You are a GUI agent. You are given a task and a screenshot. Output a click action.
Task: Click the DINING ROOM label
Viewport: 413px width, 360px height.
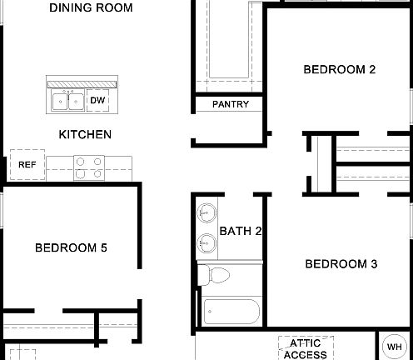91,8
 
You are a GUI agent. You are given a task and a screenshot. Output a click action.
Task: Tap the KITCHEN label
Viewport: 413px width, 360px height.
85,134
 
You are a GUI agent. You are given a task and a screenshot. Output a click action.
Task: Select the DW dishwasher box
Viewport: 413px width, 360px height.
97,101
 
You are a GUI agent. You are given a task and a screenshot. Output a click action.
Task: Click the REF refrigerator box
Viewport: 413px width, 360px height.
26,164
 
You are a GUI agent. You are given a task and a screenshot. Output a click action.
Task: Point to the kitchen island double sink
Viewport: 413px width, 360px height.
67,101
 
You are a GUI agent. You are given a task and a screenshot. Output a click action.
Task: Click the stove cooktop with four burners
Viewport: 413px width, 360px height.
88,168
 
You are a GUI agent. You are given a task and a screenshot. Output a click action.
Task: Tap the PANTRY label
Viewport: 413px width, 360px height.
231,104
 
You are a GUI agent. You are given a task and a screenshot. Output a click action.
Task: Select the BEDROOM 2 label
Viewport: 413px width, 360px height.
339,70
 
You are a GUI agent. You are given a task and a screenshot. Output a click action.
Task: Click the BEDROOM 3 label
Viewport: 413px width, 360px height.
341,265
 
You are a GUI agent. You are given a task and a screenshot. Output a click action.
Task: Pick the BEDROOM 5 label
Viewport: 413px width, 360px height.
71,247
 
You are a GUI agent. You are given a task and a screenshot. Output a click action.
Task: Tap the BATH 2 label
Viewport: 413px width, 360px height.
241,231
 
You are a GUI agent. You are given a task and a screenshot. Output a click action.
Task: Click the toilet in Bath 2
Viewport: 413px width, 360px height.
218,275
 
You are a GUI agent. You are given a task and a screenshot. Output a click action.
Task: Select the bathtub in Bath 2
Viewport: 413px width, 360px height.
231,312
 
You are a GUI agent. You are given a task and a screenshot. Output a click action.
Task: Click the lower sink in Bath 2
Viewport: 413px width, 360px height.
206,245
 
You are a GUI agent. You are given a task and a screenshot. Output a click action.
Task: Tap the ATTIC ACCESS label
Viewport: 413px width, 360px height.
305,349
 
